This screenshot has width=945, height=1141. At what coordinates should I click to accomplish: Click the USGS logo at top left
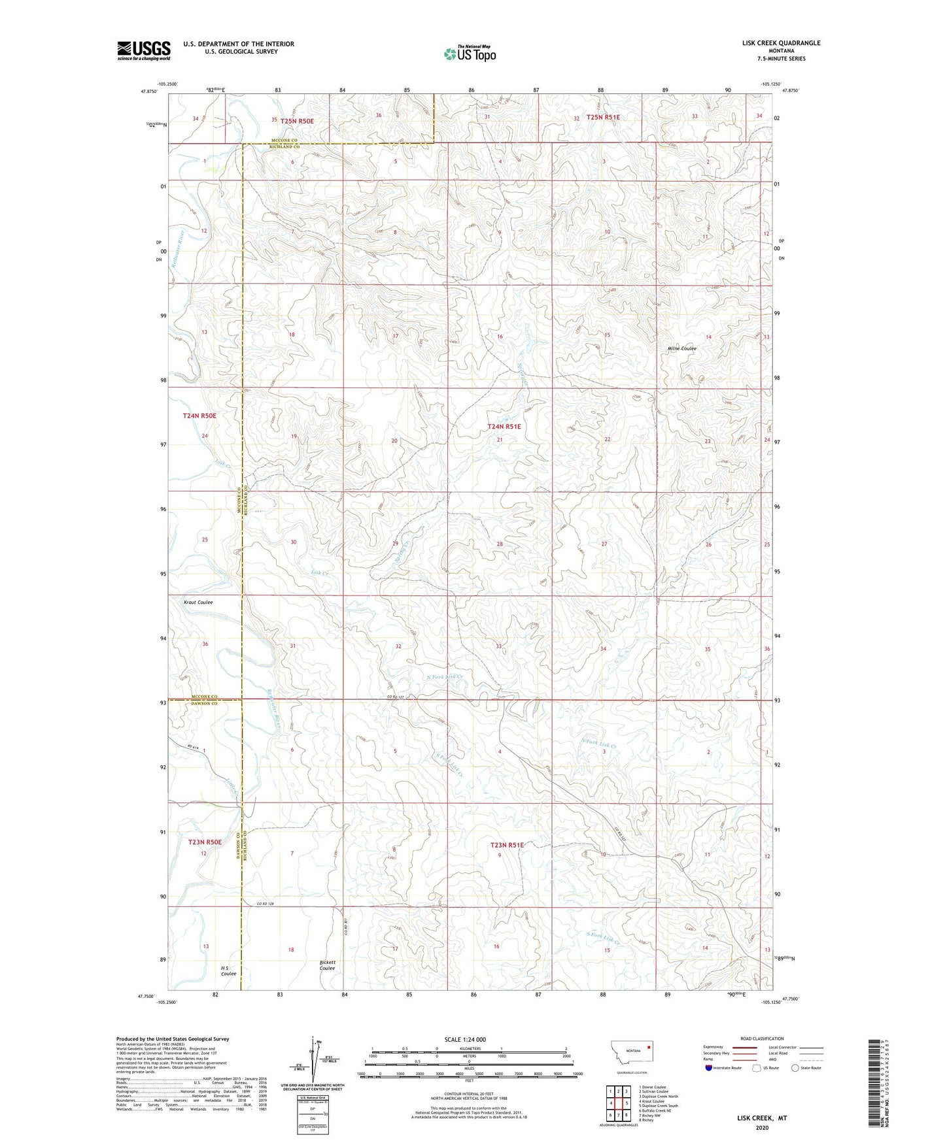coord(144,50)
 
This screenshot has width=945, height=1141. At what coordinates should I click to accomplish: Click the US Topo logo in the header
coord(470,54)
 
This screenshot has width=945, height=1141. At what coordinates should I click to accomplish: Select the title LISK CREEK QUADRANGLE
coord(781,43)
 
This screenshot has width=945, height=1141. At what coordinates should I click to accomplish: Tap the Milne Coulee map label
coord(681,349)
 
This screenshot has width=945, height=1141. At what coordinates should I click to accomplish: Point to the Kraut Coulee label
coord(198,603)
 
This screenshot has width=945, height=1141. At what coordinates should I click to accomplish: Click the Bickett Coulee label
coord(327,965)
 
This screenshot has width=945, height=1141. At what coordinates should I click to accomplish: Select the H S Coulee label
coord(228,970)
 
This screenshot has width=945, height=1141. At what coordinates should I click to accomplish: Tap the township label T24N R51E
coord(504,427)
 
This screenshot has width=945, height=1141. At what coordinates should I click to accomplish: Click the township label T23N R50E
coord(205,842)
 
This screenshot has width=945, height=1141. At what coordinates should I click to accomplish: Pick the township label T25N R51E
coord(603,118)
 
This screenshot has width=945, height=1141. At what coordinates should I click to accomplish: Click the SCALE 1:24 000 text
coord(464,1040)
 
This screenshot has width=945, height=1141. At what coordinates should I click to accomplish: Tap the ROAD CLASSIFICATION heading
coord(762,1038)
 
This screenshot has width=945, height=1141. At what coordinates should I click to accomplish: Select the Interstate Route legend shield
coord(710,1068)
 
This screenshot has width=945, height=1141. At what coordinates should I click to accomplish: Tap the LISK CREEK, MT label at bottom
coord(761,1118)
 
